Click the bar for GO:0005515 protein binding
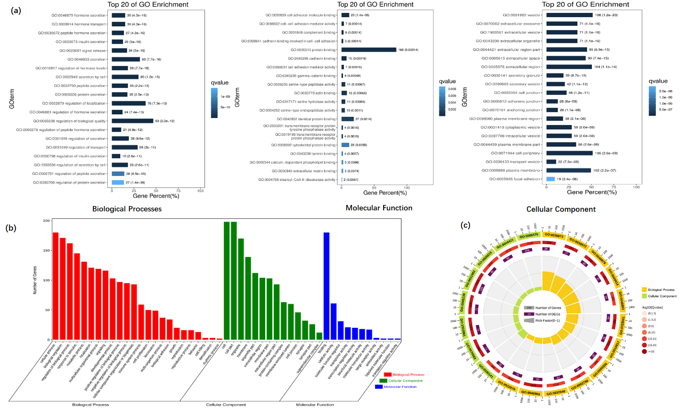point(369,49)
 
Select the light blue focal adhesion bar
point(550,179)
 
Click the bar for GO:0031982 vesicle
point(569,15)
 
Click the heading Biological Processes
point(127,209)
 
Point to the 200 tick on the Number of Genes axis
point(46,221)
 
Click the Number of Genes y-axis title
point(35,280)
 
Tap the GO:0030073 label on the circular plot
point(555,234)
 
